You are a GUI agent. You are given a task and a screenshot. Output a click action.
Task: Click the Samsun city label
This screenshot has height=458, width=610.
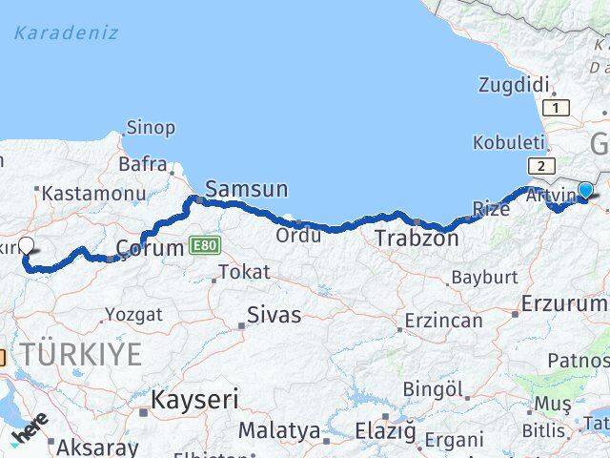point(246,190)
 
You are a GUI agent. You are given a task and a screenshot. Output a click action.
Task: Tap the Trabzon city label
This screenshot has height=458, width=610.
point(416,238)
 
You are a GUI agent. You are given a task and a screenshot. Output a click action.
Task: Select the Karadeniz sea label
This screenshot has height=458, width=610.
point(66,32)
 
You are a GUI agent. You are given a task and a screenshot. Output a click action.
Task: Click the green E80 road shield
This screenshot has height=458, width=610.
point(204,246)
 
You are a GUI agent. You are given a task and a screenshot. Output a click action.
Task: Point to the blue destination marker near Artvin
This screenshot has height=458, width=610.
point(585,191)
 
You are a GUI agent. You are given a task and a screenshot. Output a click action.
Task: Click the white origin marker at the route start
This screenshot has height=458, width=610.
point(26,245)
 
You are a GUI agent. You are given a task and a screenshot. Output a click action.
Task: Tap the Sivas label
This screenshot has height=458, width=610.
point(274,315)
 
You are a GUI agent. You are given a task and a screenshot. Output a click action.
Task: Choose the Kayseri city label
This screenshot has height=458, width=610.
point(194,399)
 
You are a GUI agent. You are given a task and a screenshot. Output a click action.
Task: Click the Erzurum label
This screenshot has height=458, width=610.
point(564,303)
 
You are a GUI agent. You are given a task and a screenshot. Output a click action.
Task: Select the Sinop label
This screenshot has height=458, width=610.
point(152,128)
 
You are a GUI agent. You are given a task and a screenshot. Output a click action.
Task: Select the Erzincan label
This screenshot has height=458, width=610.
point(443,321)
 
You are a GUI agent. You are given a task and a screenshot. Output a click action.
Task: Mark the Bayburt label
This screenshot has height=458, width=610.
point(484,278)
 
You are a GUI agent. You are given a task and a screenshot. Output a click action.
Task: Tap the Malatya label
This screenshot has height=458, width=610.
point(278,430)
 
